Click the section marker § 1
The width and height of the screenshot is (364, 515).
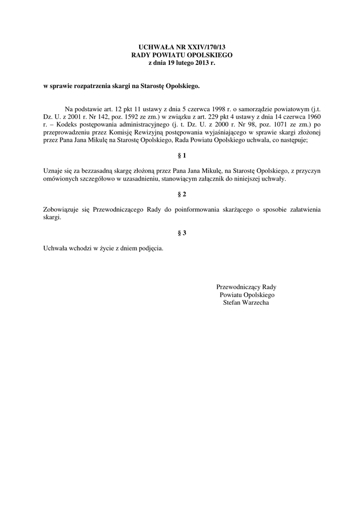point(182,155)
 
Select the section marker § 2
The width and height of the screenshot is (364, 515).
point(182,194)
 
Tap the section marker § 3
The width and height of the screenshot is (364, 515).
point(182,233)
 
